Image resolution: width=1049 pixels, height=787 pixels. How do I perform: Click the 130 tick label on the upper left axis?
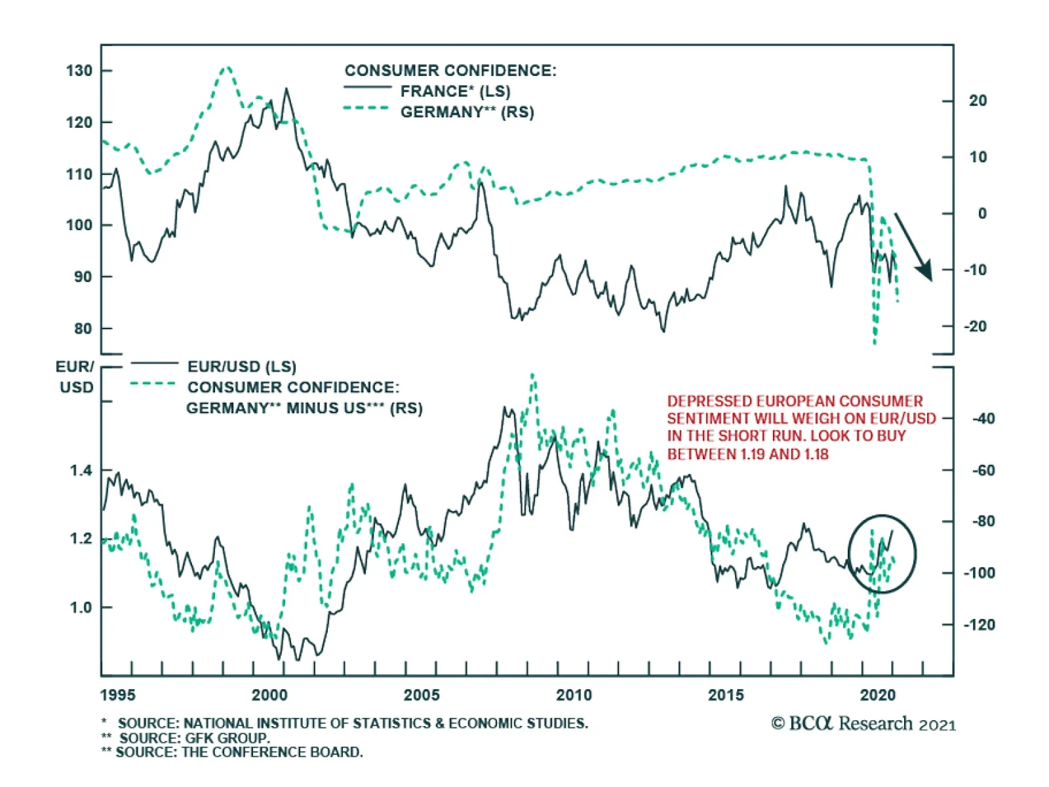pyautogui.click(x=79, y=71)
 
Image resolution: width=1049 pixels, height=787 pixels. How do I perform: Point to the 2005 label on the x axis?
pyautogui.click(x=422, y=695)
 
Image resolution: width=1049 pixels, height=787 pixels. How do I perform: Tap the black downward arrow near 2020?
pyautogui.click(x=914, y=247)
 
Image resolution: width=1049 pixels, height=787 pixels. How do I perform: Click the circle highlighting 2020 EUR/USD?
pyautogui.click(x=882, y=554)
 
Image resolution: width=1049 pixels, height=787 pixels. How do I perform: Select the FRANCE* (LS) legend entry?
pyautogui.click(x=455, y=91)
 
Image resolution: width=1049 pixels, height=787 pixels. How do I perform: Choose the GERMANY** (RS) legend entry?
pyautogui.click(x=467, y=112)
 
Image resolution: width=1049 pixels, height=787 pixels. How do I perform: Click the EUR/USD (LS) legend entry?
pyautogui.click(x=241, y=367)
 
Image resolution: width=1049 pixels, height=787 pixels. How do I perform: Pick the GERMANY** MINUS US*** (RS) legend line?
pyautogui.click(x=304, y=408)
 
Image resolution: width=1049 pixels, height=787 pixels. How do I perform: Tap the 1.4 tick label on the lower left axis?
pyautogui.click(x=81, y=470)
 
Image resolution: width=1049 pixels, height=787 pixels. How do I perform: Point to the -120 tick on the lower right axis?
pyautogui.click(x=979, y=624)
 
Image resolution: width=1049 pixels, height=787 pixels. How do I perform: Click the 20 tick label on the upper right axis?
pyautogui.click(x=978, y=101)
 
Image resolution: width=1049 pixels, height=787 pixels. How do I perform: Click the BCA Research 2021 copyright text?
pyautogui.click(x=863, y=724)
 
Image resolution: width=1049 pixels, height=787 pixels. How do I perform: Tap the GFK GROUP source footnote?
pyautogui.click(x=194, y=738)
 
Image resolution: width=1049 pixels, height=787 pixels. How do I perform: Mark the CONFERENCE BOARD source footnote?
pyautogui.click(x=239, y=752)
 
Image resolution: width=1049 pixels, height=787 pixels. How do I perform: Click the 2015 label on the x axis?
pyautogui.click(x=726, y=695)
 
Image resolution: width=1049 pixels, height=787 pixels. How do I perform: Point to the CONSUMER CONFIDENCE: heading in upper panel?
pyautogui.click(x=450, y=71)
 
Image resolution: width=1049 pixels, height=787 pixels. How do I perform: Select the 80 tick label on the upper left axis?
pyautogui.click(x=83, y=329)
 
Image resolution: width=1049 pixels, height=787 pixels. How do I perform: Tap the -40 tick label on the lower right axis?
pyautogui.click(x=981, y=418)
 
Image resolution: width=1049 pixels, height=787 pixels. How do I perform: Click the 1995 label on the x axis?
pyautogui.click(x=118, y=695)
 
